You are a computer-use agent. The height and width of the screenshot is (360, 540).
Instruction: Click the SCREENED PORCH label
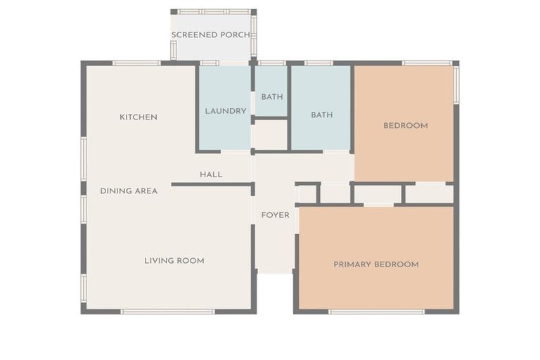click(211, 34)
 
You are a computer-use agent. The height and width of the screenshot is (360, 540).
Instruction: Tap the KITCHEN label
click(138, 117)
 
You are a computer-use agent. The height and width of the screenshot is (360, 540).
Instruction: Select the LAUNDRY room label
click(226, 111)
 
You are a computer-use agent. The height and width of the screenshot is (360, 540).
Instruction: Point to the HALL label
click(211, 174)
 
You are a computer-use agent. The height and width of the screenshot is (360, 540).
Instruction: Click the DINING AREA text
click(129, 191)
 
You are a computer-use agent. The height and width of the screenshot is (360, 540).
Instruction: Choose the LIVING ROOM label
click(174, 261)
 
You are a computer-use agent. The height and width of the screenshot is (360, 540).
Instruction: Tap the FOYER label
click(275, 215)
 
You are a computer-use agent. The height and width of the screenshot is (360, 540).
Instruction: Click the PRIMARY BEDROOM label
click(376, 264)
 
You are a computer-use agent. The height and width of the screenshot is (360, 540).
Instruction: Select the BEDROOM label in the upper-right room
click(406, 126)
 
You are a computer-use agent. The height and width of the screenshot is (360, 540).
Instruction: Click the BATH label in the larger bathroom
click(321, 115)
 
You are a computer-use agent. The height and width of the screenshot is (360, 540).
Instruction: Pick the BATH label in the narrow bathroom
click(272, 97)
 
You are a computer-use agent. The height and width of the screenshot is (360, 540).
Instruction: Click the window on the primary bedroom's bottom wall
click(376, 311)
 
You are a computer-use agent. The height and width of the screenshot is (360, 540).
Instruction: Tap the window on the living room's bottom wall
click(167, 311)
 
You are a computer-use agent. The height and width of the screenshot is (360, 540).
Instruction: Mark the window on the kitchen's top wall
click(136, 63)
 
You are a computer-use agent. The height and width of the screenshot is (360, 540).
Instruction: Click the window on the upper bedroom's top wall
click(427, 63)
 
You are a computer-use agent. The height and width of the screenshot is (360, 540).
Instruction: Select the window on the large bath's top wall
click(319, 63)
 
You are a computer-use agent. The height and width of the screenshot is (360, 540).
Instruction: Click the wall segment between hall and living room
click(212, 184)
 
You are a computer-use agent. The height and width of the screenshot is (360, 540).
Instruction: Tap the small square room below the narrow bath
click(271, 135)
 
